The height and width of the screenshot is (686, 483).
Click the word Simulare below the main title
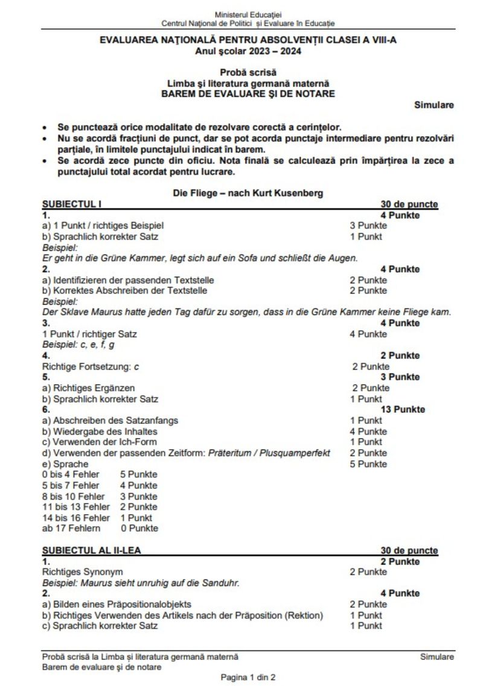pos(433,105)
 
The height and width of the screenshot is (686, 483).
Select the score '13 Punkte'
pos(403,409)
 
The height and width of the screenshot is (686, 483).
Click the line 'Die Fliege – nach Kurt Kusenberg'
pos(248,194)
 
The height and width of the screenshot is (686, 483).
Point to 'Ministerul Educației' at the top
pos(248,14)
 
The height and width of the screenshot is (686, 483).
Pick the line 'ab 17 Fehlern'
pos(71,528)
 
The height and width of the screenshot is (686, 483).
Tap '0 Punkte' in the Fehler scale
pos(139,528)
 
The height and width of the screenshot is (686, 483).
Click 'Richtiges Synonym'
pos(82,571)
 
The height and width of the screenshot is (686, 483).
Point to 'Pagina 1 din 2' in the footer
pos(248,678)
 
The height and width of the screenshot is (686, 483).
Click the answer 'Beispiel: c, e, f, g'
pos(78,345)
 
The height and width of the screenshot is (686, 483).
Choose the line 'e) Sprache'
pos(65,464)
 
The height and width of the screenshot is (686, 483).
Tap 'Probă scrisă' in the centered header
pos(248,72)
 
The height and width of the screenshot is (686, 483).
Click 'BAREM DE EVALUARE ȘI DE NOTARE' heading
pos(248,94)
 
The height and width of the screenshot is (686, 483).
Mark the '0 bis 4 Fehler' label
pos(71,474)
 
